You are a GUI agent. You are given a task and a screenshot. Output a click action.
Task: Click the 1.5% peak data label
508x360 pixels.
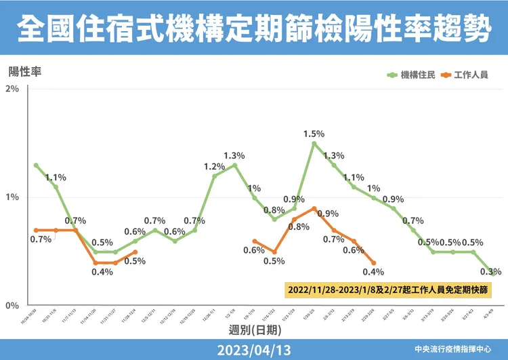314,134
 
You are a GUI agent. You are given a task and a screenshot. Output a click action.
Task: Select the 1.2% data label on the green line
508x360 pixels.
214,166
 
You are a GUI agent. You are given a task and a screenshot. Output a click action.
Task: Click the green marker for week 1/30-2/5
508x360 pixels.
314,144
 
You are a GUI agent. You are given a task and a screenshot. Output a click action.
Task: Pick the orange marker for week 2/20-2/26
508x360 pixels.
374,263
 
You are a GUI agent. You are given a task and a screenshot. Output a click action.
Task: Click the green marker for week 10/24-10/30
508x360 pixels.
36,165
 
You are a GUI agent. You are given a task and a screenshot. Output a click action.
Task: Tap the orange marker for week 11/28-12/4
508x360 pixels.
135,252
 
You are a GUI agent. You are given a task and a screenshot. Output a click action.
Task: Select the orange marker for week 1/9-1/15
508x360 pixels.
254,241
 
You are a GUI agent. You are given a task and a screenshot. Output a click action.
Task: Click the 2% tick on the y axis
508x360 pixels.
12,89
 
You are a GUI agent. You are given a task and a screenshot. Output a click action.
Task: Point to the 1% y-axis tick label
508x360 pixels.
12,197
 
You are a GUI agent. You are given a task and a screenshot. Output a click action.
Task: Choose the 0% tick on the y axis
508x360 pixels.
12,306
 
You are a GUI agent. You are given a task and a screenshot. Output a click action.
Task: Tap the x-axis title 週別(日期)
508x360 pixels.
253,329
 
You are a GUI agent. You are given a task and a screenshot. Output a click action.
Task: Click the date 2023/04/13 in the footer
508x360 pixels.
253,350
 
